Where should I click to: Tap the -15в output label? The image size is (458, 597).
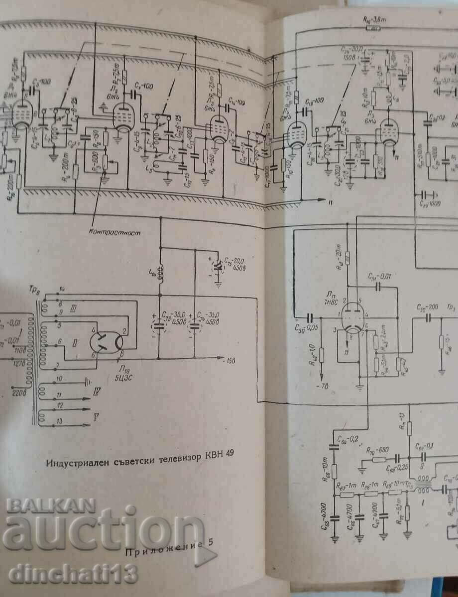[230, 360]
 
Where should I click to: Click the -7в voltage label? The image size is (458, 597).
[321, 386]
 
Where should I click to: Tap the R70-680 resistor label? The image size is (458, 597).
[377, 451]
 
